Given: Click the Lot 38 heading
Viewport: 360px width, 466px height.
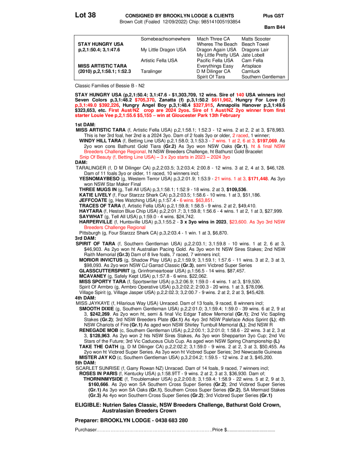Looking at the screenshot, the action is (x=85, y=15).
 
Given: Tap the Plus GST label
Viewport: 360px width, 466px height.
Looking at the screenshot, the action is (x=273, y=16).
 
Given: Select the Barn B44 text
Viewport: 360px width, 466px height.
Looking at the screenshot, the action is (x=275, y=27).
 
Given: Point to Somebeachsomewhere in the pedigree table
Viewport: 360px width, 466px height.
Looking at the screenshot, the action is (x=166, y=39).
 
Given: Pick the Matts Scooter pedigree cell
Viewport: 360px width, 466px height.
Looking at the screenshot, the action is (x=256, y=39).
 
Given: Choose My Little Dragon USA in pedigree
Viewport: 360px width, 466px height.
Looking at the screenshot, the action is (x=163, y=49).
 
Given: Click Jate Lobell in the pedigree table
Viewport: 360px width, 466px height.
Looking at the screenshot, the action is (x=253, y=55).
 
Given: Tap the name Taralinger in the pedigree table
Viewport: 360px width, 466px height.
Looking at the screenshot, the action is (x=151, y=71).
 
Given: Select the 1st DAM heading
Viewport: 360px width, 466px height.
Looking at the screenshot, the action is (x=85, y=125).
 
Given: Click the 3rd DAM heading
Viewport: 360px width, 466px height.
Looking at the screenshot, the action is (x=85, y=238).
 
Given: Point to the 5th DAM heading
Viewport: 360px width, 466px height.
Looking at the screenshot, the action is (x=85, y=363).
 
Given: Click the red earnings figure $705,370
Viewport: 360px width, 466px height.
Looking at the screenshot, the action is (x=144, y=100).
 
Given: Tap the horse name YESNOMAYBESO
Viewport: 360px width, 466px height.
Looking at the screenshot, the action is (x=99, y=179).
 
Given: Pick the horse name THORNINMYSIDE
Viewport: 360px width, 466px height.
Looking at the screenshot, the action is (x=103, y=379).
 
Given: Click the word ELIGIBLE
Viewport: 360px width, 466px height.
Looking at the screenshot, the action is (x=88, y=405).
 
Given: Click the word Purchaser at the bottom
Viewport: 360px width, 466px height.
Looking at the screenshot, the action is (x=86, y=430).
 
